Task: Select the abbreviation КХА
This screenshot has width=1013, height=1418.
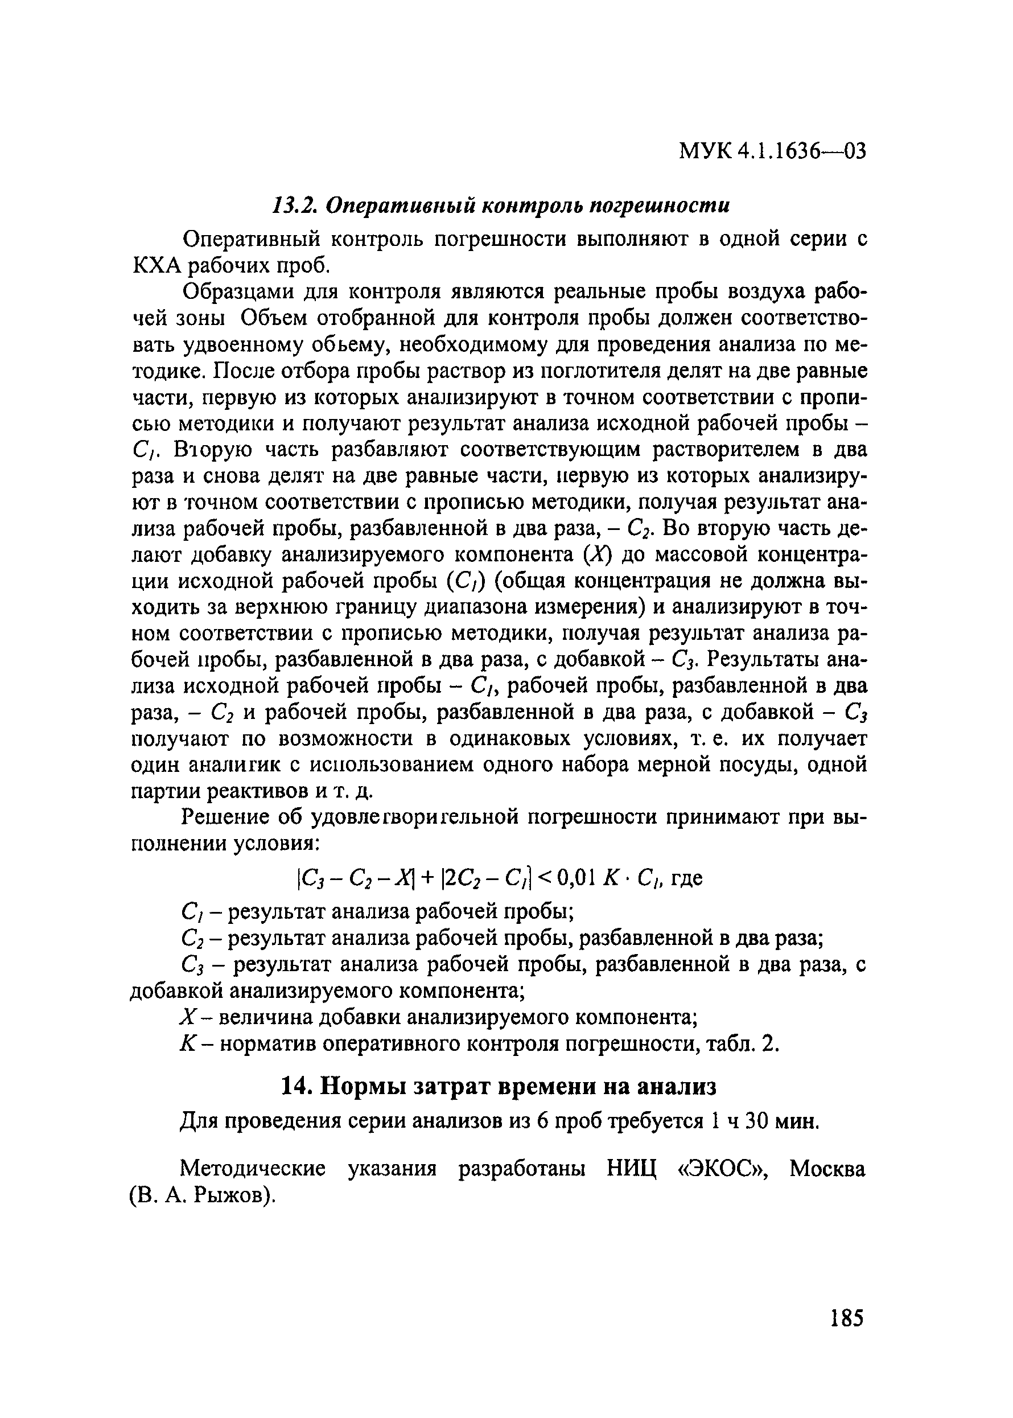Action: click(157, 266)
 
